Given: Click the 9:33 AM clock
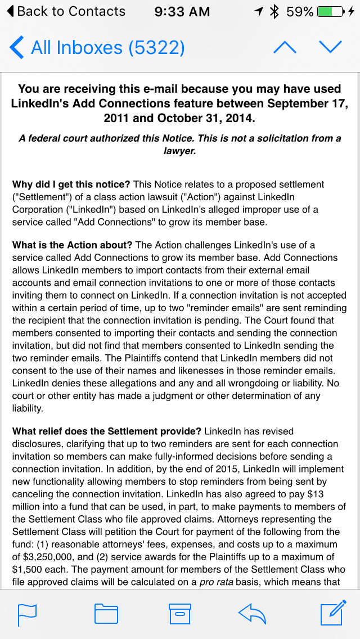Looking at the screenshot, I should pos(182,11).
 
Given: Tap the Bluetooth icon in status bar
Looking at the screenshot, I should pos(274,11).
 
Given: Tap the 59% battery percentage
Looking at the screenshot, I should pos(300,11).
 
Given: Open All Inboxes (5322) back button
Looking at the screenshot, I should pos(97,47).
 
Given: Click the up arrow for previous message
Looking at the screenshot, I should pos(285,47).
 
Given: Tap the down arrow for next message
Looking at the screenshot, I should pos(330,47).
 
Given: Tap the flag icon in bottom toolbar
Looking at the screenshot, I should pos(27,614).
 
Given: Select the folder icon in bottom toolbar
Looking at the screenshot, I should pos(106,614).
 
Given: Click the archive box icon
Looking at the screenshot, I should pos(180,614).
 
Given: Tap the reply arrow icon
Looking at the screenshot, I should pos(253,614).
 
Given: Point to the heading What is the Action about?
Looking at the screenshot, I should pos(73,245).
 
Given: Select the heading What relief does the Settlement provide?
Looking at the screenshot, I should pos(107,431).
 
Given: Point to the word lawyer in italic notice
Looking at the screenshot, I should pos(179,151).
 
